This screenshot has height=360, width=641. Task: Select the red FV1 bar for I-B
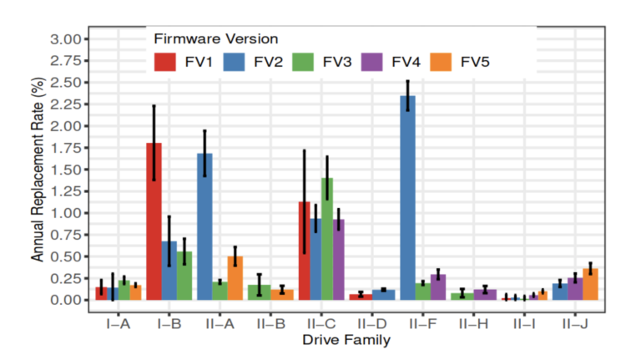[154, 221]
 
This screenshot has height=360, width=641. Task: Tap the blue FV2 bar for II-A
[204, 226]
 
